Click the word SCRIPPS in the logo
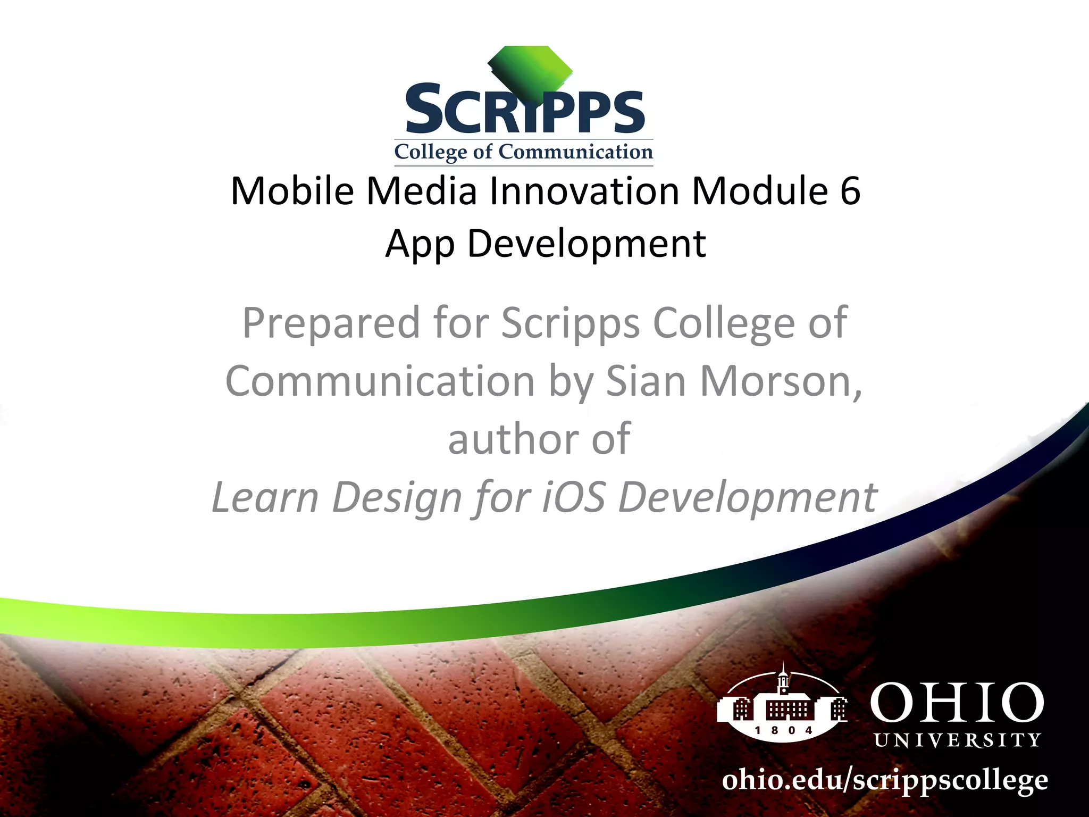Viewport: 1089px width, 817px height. coord(524,111)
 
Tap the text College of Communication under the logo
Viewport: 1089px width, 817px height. coord(523,152)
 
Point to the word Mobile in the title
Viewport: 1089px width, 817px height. coord(292,190)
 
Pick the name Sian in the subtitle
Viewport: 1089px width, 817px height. coord(646,381)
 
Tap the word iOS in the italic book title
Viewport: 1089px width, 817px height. coord(573,497)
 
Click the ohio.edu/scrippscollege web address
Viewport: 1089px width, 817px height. coord(884,781)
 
